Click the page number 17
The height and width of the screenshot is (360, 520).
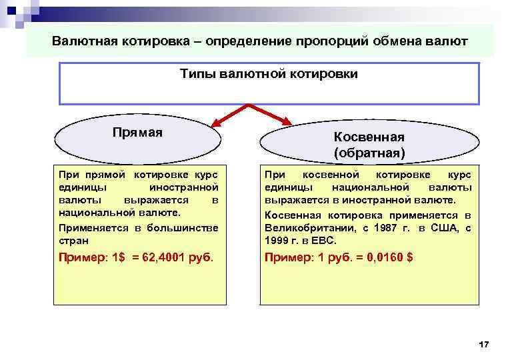pos(484,343)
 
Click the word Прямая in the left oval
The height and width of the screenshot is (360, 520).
pos(138,132)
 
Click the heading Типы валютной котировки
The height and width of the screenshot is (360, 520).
pos(269,74)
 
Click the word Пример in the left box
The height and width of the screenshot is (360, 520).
pos(77,257)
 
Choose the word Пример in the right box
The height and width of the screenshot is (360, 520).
pos(283,257)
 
